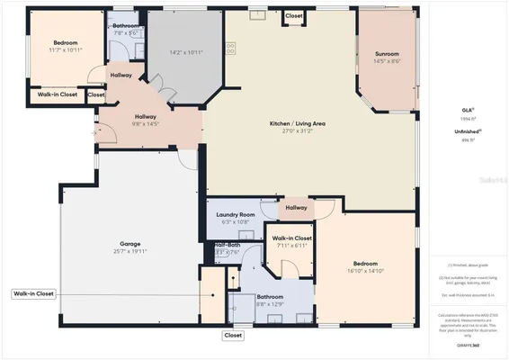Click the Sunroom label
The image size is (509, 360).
click(387, 55)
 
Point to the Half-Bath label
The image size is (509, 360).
click(226, 245)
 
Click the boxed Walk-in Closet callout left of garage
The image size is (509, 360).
click(34, 293)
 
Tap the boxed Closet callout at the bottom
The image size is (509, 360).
click(233, 335)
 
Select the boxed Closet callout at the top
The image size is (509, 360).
click(294, 16)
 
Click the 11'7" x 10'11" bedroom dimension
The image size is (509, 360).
click(65, 50)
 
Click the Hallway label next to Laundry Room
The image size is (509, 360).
click(296, 208)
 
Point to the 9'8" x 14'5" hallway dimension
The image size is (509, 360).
click(146, 124)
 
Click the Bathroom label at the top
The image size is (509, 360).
click(125, 25)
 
